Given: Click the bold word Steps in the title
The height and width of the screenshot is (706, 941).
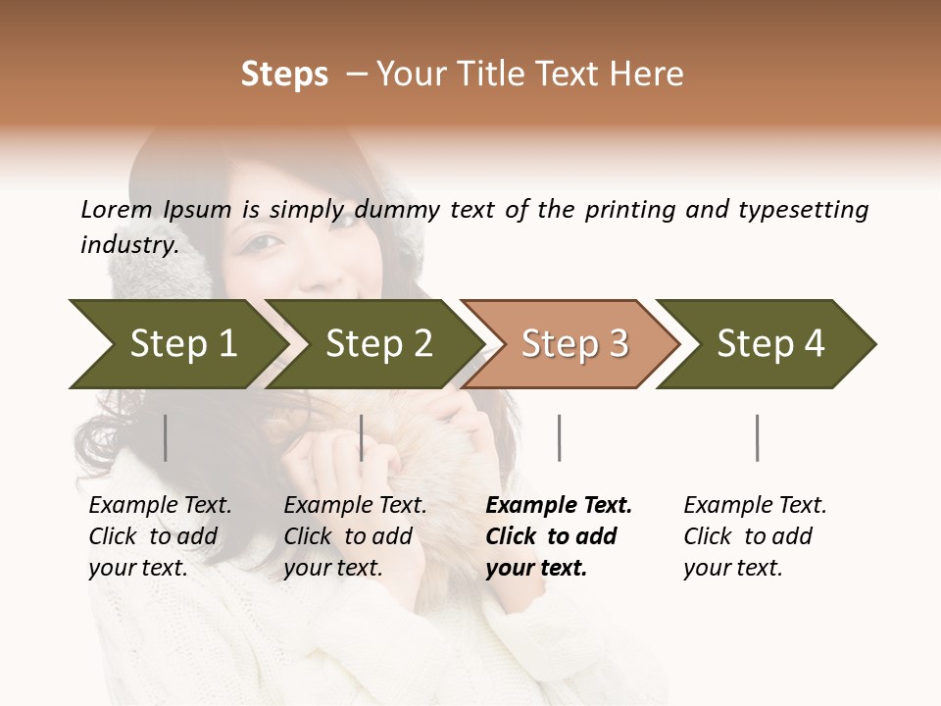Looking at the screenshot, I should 284,75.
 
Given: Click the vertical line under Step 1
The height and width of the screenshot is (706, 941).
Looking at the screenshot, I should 166,437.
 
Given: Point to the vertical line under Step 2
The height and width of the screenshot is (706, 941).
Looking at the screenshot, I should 362,437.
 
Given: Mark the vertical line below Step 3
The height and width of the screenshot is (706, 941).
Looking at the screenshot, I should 559,437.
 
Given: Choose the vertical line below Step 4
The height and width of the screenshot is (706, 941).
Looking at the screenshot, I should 757,437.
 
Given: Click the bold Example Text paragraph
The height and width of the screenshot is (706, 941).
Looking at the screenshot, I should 555,536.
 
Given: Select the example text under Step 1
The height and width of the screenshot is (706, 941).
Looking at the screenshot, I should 157,536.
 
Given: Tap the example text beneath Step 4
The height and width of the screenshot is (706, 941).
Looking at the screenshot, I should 753,536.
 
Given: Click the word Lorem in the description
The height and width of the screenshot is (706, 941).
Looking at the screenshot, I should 117,209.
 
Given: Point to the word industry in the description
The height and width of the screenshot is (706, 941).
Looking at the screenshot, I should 129,245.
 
